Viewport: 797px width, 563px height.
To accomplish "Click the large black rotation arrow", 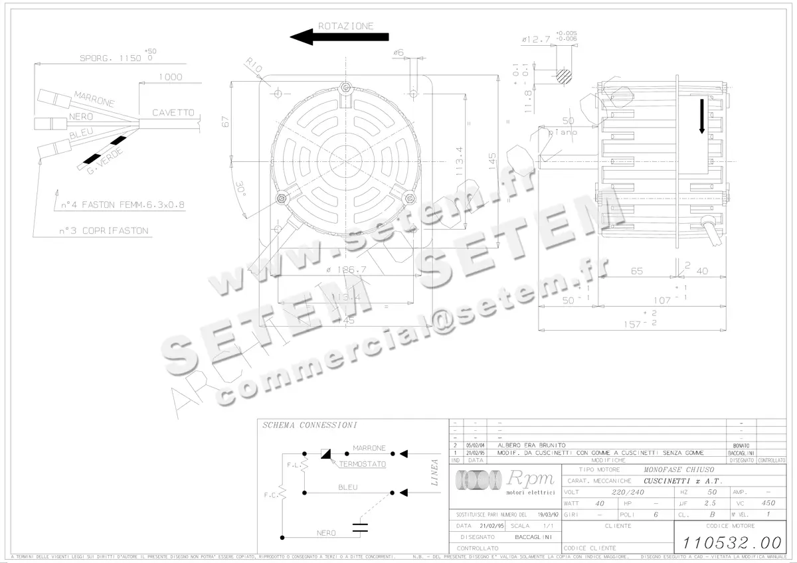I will coord(339,37).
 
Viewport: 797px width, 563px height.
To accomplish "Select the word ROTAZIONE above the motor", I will coord(345,26).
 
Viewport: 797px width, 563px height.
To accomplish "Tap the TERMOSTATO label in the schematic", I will coord(363,465).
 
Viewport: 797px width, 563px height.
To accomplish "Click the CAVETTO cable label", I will coord(173,113).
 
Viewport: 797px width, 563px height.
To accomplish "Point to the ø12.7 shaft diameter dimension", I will coord(536,40).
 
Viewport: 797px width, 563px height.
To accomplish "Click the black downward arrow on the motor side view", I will coord(702,116).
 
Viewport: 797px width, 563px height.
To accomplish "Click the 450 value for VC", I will coord(768,503).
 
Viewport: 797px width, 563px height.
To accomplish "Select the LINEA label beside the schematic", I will coord(435,472).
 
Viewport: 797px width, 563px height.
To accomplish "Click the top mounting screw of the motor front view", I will coord(344,87).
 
